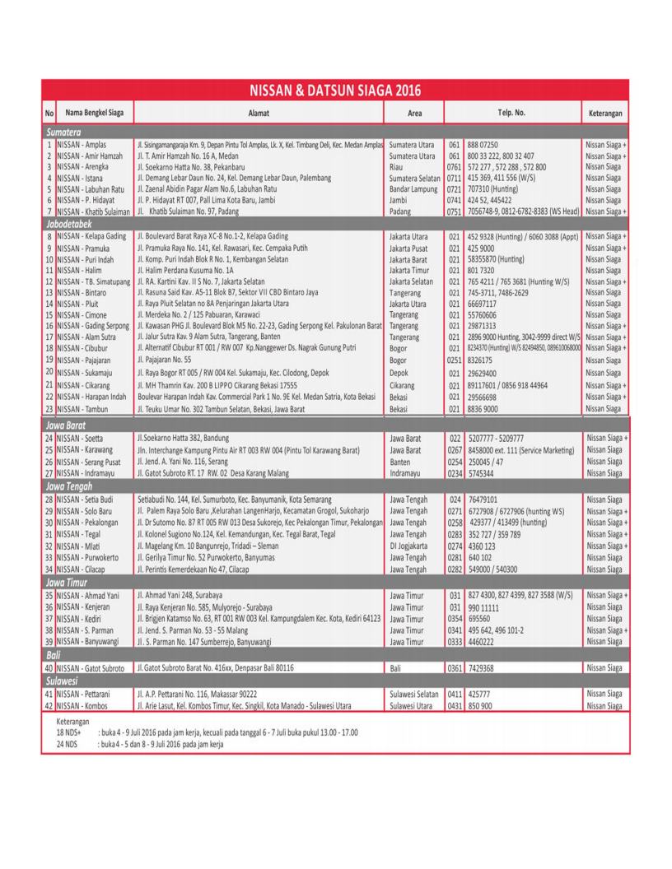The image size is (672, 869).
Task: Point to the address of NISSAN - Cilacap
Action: point(213,568)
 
